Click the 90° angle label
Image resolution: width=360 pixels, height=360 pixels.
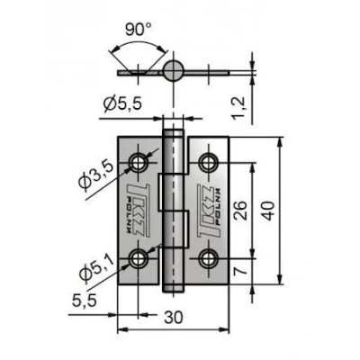139,30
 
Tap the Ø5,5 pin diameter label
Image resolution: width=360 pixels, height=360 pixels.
122,104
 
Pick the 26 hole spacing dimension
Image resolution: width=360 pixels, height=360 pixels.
240,210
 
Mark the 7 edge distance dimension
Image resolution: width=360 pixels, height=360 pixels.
241,270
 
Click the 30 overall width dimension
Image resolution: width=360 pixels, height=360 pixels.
174,317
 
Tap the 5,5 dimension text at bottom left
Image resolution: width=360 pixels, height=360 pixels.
85,300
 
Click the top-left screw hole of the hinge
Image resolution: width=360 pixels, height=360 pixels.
139,163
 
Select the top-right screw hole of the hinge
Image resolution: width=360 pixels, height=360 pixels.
209,163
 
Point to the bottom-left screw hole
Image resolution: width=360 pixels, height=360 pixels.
139,258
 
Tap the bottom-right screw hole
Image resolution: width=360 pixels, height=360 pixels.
209,258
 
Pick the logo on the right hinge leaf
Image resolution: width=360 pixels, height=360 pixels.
209,211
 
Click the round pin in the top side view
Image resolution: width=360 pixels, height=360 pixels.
174,71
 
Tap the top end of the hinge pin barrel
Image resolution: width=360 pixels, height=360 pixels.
173,132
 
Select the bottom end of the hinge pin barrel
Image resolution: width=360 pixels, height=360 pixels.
173,290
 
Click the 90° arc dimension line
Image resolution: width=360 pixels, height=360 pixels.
139,42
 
